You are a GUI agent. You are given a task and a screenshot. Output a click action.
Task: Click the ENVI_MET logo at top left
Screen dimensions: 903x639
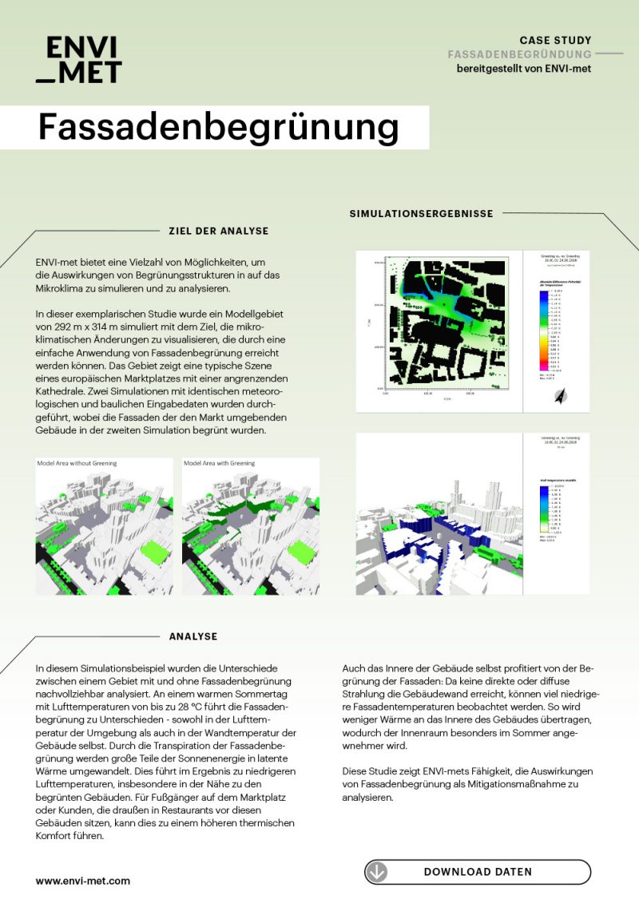coord(78,60)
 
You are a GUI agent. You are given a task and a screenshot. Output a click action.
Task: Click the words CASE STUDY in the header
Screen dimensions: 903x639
coord(555,40)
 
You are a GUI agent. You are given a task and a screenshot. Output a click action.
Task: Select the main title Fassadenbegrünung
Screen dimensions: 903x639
coord(218,128)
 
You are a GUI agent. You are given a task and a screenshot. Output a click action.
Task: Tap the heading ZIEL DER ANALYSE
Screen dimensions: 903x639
coord(218,231)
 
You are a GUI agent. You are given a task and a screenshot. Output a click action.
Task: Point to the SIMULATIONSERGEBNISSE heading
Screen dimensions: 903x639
coord(421,213)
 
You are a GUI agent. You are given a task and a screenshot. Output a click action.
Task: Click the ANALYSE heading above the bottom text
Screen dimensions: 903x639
coord(193,636)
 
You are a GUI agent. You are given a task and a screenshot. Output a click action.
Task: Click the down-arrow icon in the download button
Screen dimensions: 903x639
coord(377,872)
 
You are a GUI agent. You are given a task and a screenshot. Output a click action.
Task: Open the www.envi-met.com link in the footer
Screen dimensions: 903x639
coord(82,881)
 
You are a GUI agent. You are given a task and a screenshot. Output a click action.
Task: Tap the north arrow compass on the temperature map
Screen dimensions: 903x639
coord(559,394)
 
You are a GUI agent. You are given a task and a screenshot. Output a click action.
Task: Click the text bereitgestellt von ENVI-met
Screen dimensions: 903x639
coord(523,69)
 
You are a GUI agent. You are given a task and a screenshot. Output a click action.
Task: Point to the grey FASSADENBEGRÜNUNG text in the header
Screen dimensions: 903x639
coord(519,54)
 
